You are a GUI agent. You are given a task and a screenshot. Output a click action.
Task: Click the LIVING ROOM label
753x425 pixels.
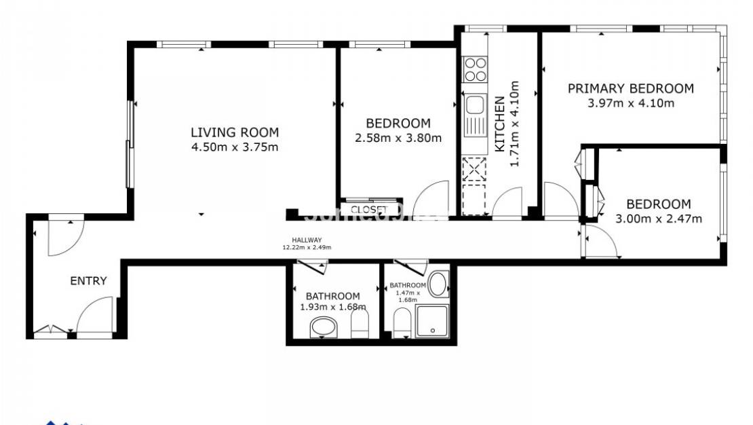[234, 132]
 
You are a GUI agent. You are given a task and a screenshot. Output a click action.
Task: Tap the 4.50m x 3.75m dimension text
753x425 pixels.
[234, 147]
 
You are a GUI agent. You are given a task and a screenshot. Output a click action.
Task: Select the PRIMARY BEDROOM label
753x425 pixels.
[630, 88]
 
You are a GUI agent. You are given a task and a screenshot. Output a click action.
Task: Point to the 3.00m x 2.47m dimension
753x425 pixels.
[658, 219]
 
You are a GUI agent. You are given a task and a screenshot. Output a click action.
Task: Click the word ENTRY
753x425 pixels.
[88, 281]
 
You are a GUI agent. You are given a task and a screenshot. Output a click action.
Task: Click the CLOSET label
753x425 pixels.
[368, 210]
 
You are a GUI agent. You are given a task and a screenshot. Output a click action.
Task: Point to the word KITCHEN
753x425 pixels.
[499, 124]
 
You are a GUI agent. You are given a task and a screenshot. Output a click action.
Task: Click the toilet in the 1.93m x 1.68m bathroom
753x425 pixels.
[360, 325]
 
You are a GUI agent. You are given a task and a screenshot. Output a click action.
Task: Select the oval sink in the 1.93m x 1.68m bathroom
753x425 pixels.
[323, 329]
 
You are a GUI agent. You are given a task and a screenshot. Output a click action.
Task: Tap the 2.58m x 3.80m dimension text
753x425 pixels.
[398, 138]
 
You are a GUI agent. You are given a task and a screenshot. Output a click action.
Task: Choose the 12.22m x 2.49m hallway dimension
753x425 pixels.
[307, 248]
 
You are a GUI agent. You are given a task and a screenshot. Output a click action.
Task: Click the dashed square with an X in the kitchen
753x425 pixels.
[474, 168]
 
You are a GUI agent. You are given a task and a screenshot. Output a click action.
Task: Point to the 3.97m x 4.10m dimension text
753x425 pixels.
[630, 103]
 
